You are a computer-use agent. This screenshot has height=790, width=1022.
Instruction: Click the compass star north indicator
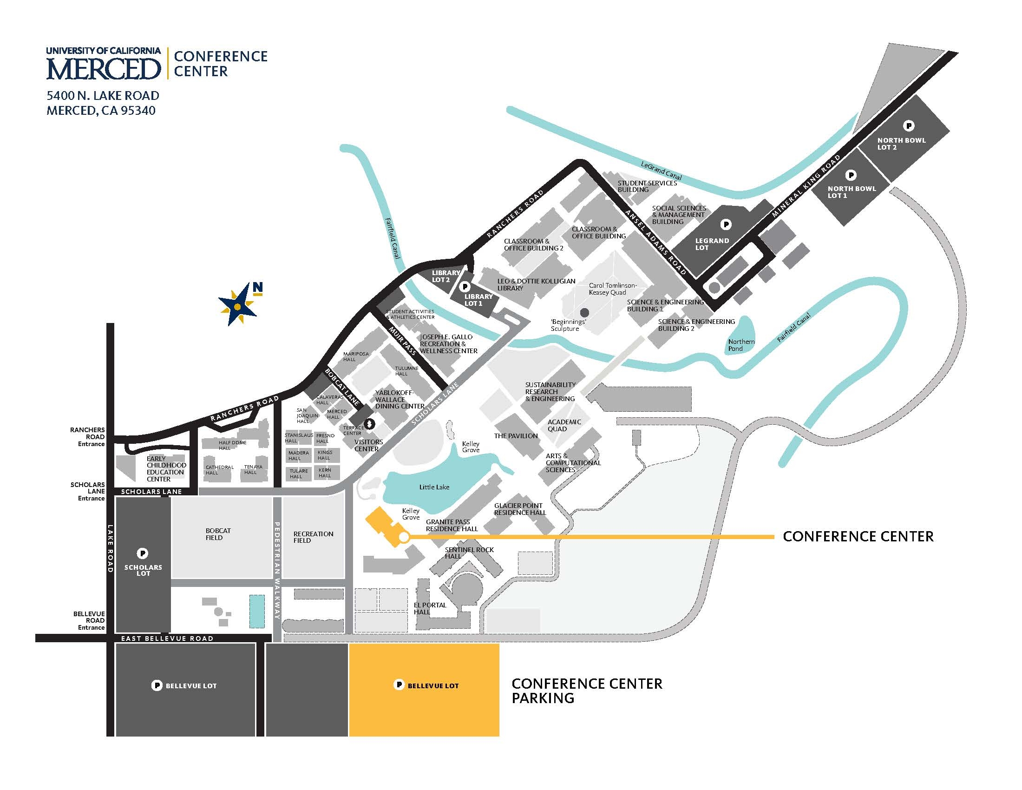click(x=238, y=306)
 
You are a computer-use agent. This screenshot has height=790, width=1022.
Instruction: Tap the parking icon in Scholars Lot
click(x=143, y=553)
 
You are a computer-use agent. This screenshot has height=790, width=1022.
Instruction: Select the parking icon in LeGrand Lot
click(x=726, y=225)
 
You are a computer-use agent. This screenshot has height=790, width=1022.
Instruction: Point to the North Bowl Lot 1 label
click(x=851, y=192)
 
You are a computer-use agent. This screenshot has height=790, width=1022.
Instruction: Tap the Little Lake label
click(x=434, y=487)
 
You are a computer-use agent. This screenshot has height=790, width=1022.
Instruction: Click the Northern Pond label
click(x=741, y=345)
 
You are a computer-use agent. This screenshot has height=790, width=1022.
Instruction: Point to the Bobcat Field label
click(x=218, y=534)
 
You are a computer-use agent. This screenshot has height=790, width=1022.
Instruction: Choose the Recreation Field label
click(x=313, y=537)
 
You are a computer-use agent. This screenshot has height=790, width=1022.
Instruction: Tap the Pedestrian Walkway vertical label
click(x=277, y=570)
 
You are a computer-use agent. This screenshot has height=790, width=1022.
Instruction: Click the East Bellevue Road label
click(x=167, y=639)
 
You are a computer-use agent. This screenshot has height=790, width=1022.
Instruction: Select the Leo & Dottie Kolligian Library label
click(x=536, y=284)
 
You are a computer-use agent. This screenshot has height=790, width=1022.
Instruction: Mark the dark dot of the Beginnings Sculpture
click(x=584, y=312)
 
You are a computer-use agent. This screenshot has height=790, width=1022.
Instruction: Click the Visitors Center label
click(x=368, y=445)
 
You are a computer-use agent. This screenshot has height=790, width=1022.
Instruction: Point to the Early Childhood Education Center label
click(x=166, y=468)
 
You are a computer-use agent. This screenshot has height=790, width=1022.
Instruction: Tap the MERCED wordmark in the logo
click(x=104, y=68)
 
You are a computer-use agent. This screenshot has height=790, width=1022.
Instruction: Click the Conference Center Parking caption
click(x=587, y=691)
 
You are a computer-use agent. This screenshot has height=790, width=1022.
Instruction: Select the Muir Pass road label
click(x=402, y=340)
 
